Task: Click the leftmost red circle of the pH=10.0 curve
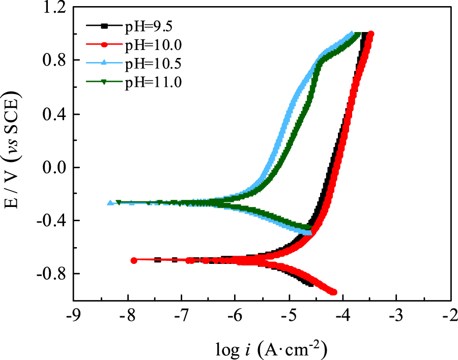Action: coord(134,260)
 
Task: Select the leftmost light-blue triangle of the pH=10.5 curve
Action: coord(110,202)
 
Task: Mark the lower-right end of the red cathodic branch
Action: coord(334,292)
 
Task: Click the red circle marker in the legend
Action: coord(104,45)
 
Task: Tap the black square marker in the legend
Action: coord(104,26)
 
